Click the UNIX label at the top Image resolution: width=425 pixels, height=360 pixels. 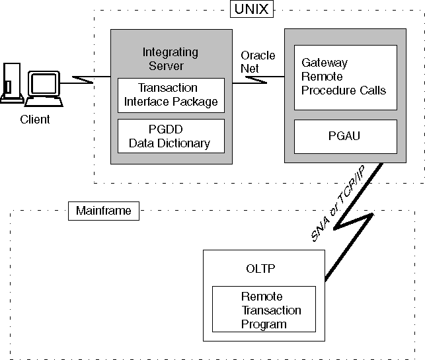[x=251, y=9]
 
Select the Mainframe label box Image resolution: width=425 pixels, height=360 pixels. [x=103, y=211]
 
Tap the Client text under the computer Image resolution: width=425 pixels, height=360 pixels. [x=35, y=120]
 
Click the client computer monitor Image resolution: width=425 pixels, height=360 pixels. [x=44, y=84]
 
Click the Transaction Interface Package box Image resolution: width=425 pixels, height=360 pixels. [x=171, y=94]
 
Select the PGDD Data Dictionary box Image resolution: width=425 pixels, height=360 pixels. [x=171, y=136]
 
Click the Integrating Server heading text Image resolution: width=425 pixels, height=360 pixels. [x=171, y=59]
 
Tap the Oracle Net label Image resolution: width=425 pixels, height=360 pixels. [x=258, y=61]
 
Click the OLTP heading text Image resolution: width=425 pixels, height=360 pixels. [x=255, y=269]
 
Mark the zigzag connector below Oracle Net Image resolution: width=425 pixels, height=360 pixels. [x=258, y=81]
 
